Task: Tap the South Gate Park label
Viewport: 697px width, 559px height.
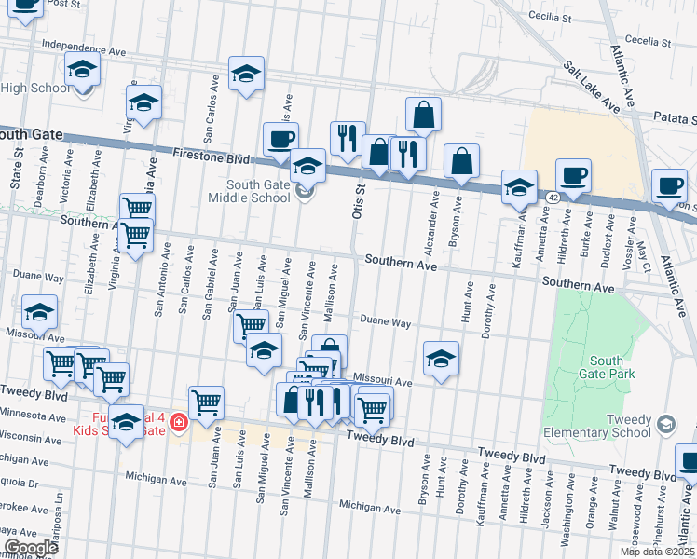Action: [x=612, y=367]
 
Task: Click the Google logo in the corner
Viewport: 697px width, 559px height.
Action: [x=30, y=548]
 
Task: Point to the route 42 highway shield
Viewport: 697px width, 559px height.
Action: [x=553, y=199]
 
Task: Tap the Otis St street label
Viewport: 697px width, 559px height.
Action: [x=356, y=199]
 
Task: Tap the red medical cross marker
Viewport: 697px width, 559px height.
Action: [x=178, y=423]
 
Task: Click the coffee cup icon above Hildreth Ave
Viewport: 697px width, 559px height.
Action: [x=573, y=175]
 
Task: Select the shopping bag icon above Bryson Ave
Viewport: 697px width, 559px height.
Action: [x=461, y=161]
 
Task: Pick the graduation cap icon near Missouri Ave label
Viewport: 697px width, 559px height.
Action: [x=441, y=358]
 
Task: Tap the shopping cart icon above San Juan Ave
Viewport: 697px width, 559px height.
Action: [x=206, y=402]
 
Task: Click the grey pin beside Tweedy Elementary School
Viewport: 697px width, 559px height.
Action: [x=665, y=425]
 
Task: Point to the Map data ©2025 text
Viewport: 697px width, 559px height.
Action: [x=656, y=552]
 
